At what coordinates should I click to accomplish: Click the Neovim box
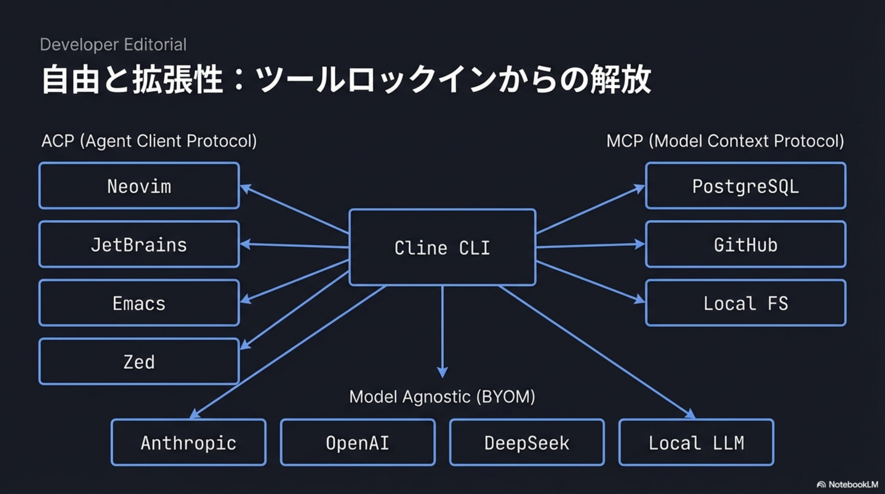[x=139, y=186]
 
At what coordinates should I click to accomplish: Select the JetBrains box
[x=139, y=244]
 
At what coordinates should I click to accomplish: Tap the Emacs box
[x=139, y=303]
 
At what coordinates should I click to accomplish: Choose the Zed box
[x=139, y=361]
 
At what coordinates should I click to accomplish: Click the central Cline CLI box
[x=442, y=247]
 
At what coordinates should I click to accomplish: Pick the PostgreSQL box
[x=745, y=186]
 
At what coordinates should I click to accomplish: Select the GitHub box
[x=745, y=244]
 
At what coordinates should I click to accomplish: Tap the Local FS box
[x=745, y=303]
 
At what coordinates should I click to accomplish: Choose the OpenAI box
[x=358, y=443]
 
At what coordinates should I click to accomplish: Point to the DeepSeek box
[x=527, y=443]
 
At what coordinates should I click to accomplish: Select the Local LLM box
[x=696, y=443]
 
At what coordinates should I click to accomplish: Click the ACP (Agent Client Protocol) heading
[x=149, y=141]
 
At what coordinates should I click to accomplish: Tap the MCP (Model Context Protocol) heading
[x=725, y=141]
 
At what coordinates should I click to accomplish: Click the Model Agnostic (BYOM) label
[x=442, y=397]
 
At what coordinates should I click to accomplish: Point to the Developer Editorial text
[x=113, y=44]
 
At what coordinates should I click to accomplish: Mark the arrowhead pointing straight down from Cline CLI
[x=442, y=372]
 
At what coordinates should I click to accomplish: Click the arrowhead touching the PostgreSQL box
[x=640, y=188]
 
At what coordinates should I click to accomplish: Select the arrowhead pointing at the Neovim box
[x=245, y=188]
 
